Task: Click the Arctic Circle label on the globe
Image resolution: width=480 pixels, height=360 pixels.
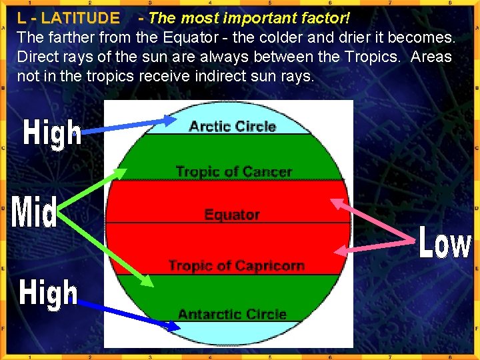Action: [x=232, y=126]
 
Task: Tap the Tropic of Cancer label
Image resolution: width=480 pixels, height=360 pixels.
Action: [x=233, y=171]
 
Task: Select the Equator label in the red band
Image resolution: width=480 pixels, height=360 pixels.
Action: [x=231, y=215]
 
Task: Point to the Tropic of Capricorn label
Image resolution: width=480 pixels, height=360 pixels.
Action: [x=236, y=266]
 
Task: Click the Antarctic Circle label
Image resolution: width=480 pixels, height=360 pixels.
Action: [x=232, y=314]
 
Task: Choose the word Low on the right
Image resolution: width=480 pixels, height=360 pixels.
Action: [x=445, y=243]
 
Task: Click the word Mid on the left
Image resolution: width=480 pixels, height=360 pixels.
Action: [x=35, y=213]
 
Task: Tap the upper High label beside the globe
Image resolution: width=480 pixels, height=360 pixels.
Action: [x=53, y=133]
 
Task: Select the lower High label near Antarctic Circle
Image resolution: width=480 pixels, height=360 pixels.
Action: [x=49, y=293]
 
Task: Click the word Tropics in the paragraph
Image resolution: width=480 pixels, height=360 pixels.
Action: [x=375, y=57]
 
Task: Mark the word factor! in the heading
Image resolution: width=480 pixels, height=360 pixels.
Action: [x=326, y=18]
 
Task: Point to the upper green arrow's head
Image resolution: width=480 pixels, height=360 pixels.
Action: [x=121, y=174]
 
